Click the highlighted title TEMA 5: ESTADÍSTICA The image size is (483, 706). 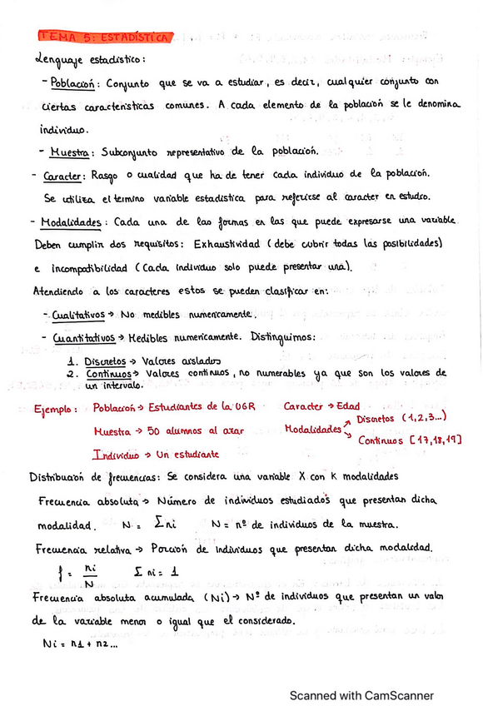[105, 37]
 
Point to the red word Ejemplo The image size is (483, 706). [57, 410]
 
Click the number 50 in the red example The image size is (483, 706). [154, 430]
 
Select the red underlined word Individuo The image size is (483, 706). [116, 455]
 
